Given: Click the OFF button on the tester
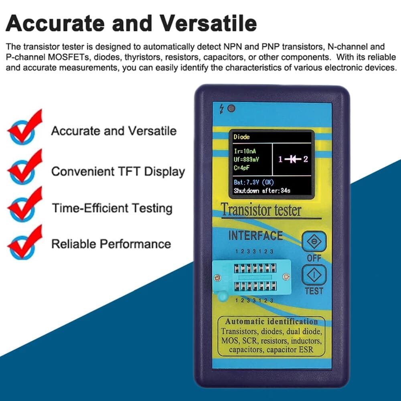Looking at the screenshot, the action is [314, 241].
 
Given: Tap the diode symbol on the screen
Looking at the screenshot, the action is [293, 160].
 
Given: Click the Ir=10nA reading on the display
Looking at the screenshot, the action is [245, 151].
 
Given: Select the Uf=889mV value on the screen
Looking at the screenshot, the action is [246, 160].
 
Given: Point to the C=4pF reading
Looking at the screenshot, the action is [242, 168].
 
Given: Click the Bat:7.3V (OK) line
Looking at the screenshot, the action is [254, 182].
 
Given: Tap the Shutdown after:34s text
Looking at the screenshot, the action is [262, 191].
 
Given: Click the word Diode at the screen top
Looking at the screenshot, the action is [241, 137].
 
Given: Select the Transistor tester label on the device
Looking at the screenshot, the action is [261, 210].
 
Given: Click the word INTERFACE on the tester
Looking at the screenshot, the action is [255, 235].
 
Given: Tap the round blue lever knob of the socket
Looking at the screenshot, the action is [223, 296].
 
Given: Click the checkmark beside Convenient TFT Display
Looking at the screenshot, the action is [25, 167].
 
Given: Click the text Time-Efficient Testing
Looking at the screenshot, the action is [112, 208].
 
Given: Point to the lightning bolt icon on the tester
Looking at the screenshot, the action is [221, 109].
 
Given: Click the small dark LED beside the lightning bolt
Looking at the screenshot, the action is [231, 108].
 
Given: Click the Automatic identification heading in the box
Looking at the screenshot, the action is [271, 322].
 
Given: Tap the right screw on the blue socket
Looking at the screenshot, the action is [286, 276].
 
